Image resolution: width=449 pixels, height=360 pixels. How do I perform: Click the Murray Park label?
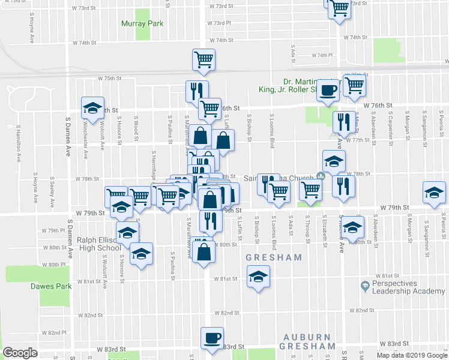pyautogui.click(x=142, y=24)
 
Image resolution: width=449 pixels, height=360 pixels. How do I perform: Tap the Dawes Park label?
pyautogui.click(x=51, y=286)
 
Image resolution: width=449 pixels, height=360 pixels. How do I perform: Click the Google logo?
pyautogui.click(x=20, y=353)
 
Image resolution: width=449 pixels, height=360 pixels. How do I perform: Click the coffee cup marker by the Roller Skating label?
pyautogui.click(x=328, y=90)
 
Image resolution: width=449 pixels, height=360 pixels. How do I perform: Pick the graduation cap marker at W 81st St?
pyautogui.click(x=258, y=277)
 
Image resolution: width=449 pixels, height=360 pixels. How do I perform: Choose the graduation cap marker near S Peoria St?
pyautogui.click(x=434, y=193)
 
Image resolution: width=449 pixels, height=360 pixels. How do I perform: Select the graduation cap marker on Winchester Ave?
pyautogui.click(x=92, y=108)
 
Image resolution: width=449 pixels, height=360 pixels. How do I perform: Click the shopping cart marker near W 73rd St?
pyautogui.click(x=339, y=8)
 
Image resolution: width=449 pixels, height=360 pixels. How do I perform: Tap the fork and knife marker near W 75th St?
pyautogui.click(x=196, y=91)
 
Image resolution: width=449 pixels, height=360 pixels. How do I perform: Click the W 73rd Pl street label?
pyautogui.click(x=220, y=23)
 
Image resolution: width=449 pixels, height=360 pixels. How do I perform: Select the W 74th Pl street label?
pyautogui.click(x=322, y=55)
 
